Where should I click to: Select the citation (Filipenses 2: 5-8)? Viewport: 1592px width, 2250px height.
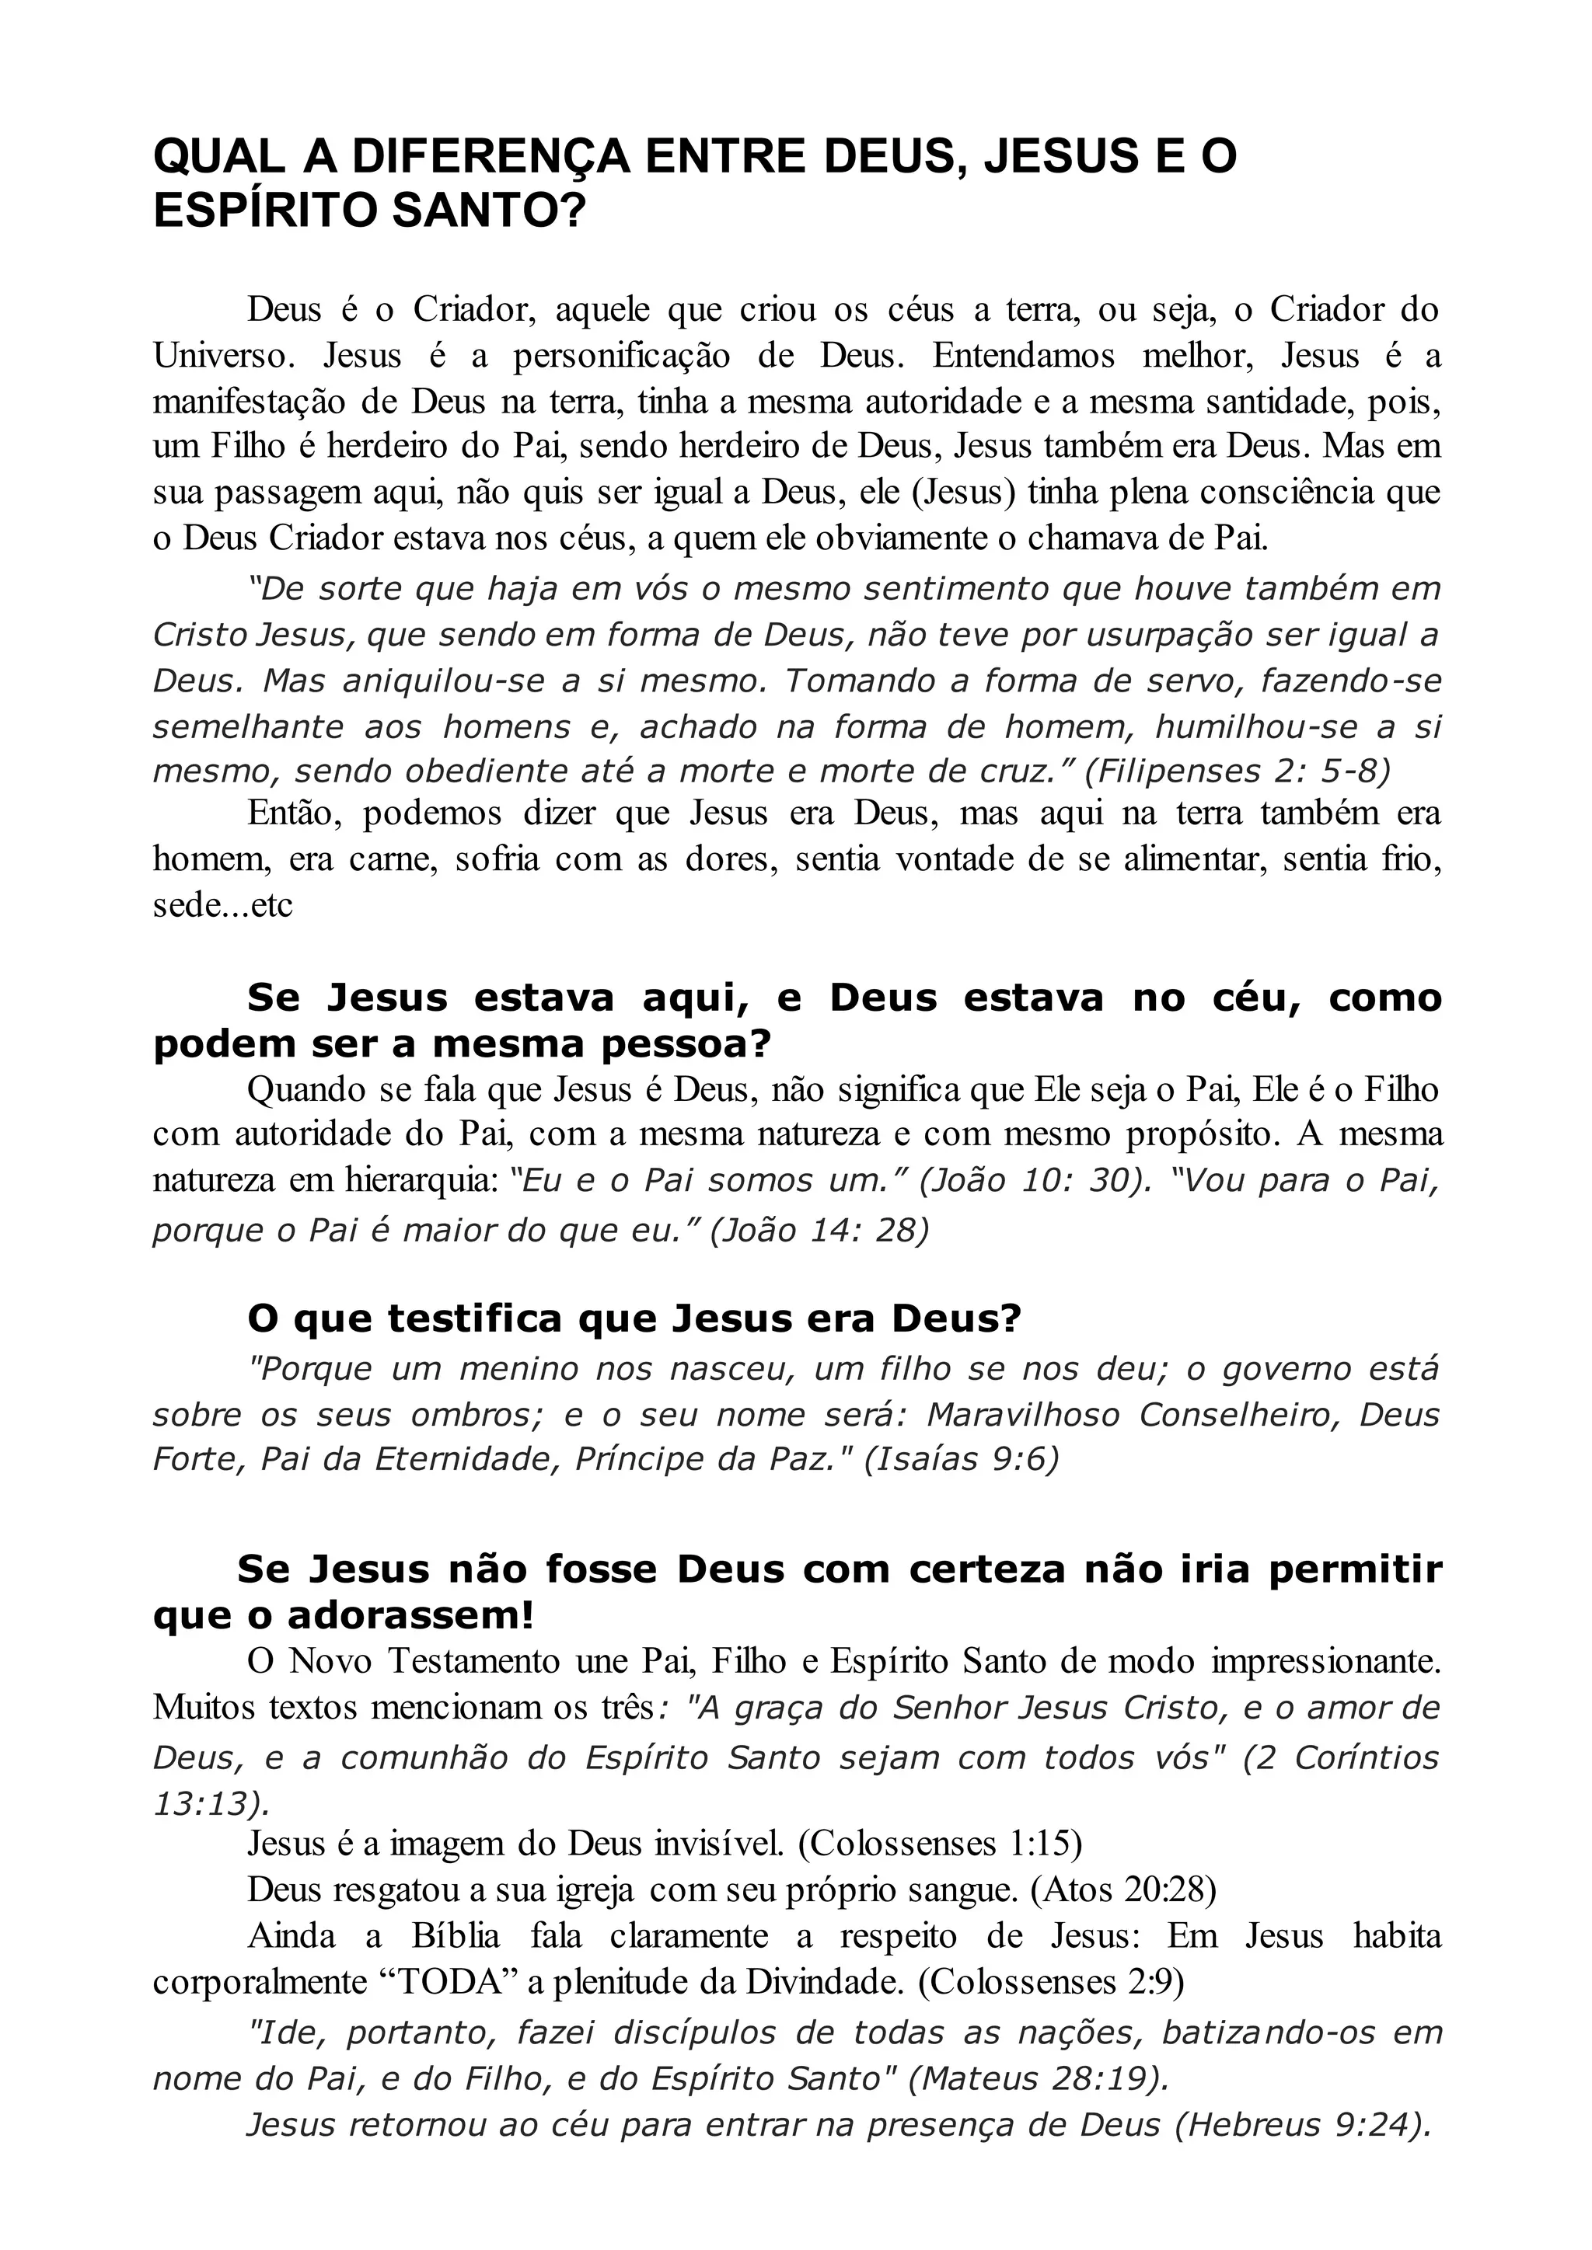click(1237, 771)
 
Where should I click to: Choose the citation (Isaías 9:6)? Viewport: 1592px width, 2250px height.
click(961, 1460)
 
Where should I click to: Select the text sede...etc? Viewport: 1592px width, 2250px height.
click(222, 904)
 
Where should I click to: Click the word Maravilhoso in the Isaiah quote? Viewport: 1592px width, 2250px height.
click(1022, 1415)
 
